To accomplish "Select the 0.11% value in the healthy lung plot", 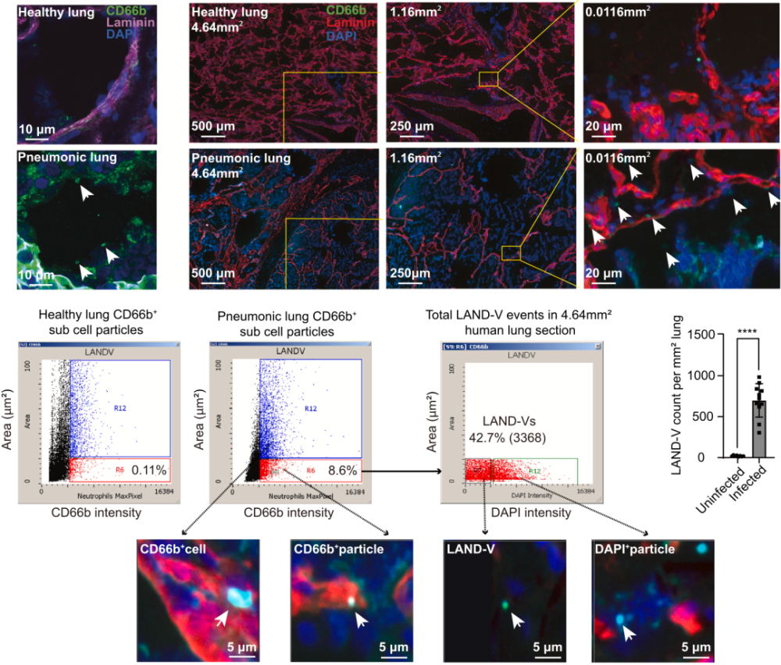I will [x=147, y=470].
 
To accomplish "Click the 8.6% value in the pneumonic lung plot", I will [x=341, y=471].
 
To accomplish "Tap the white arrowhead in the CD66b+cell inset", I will [x=223, y=619].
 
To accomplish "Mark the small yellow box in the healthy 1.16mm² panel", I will [x=488, y=78].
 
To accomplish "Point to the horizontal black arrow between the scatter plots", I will [x=406, y=471].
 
